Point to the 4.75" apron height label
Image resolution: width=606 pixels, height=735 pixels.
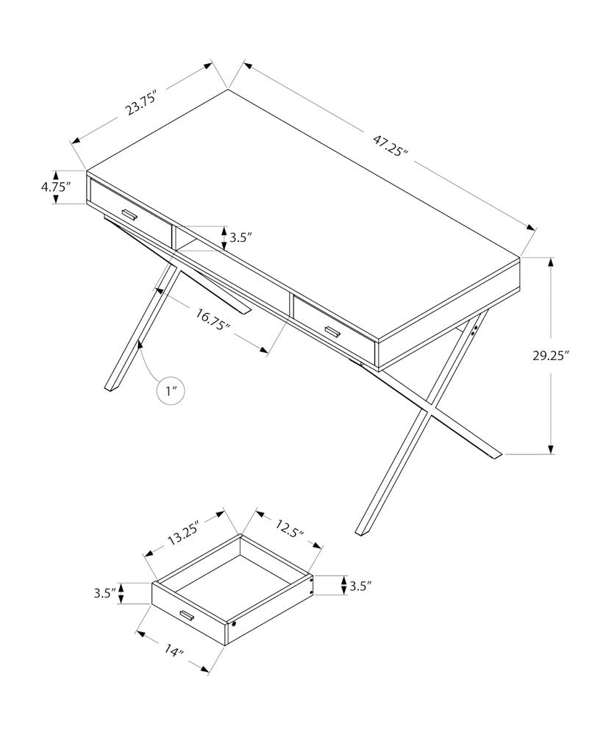pyautogui.click(x=56, y=187)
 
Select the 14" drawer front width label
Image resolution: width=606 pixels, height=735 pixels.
pyautogui.click(x=174, y=650)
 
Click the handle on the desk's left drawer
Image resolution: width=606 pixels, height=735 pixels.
pyautogui.click(x=130, y=215)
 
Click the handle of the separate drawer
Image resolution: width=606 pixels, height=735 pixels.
pyautogui.click(x=184, y=615)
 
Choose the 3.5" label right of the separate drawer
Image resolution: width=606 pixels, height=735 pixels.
pyautogui.click(x=361, y=586)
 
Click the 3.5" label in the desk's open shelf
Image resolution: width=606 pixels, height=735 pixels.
pyautogui.click(x=241, y=237)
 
